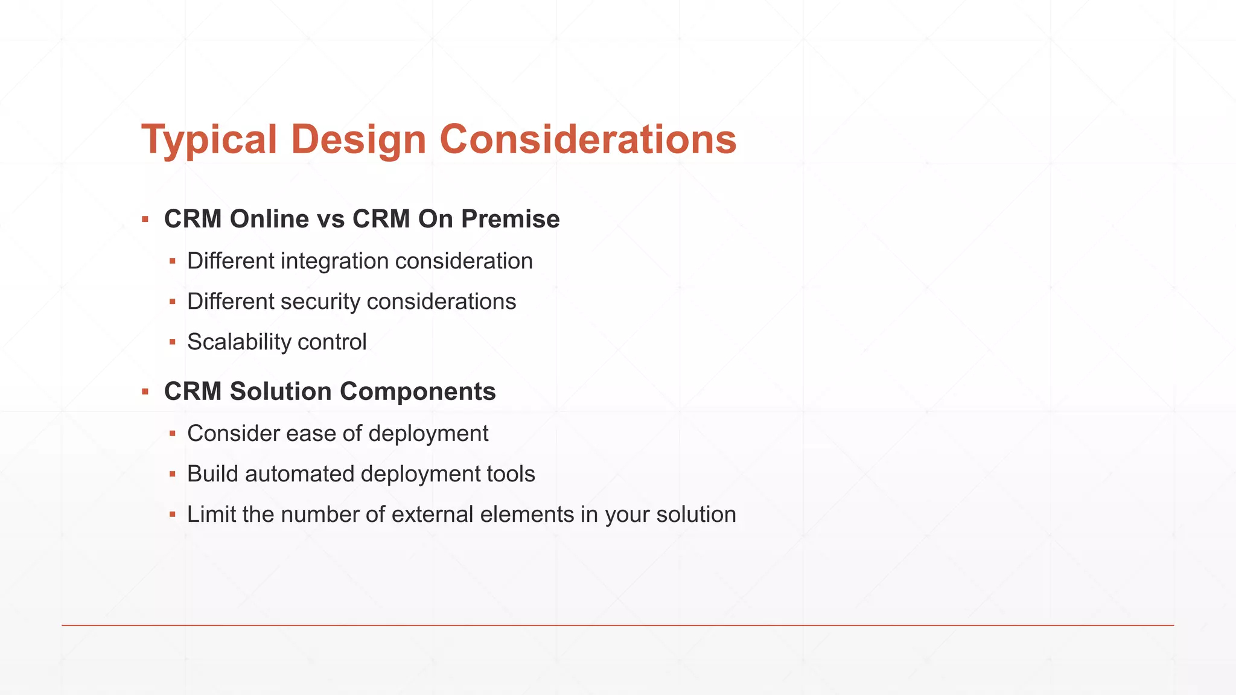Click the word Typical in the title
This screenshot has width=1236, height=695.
[x=209, y=140]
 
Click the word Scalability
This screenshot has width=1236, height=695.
[x=239, y=342]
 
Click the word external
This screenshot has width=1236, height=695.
[x=432, y=515]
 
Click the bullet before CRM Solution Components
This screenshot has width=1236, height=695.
[x=145, y=392]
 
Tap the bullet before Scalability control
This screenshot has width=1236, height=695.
[x=173, y=342]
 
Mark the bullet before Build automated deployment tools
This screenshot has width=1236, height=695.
[x=173, y=474]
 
